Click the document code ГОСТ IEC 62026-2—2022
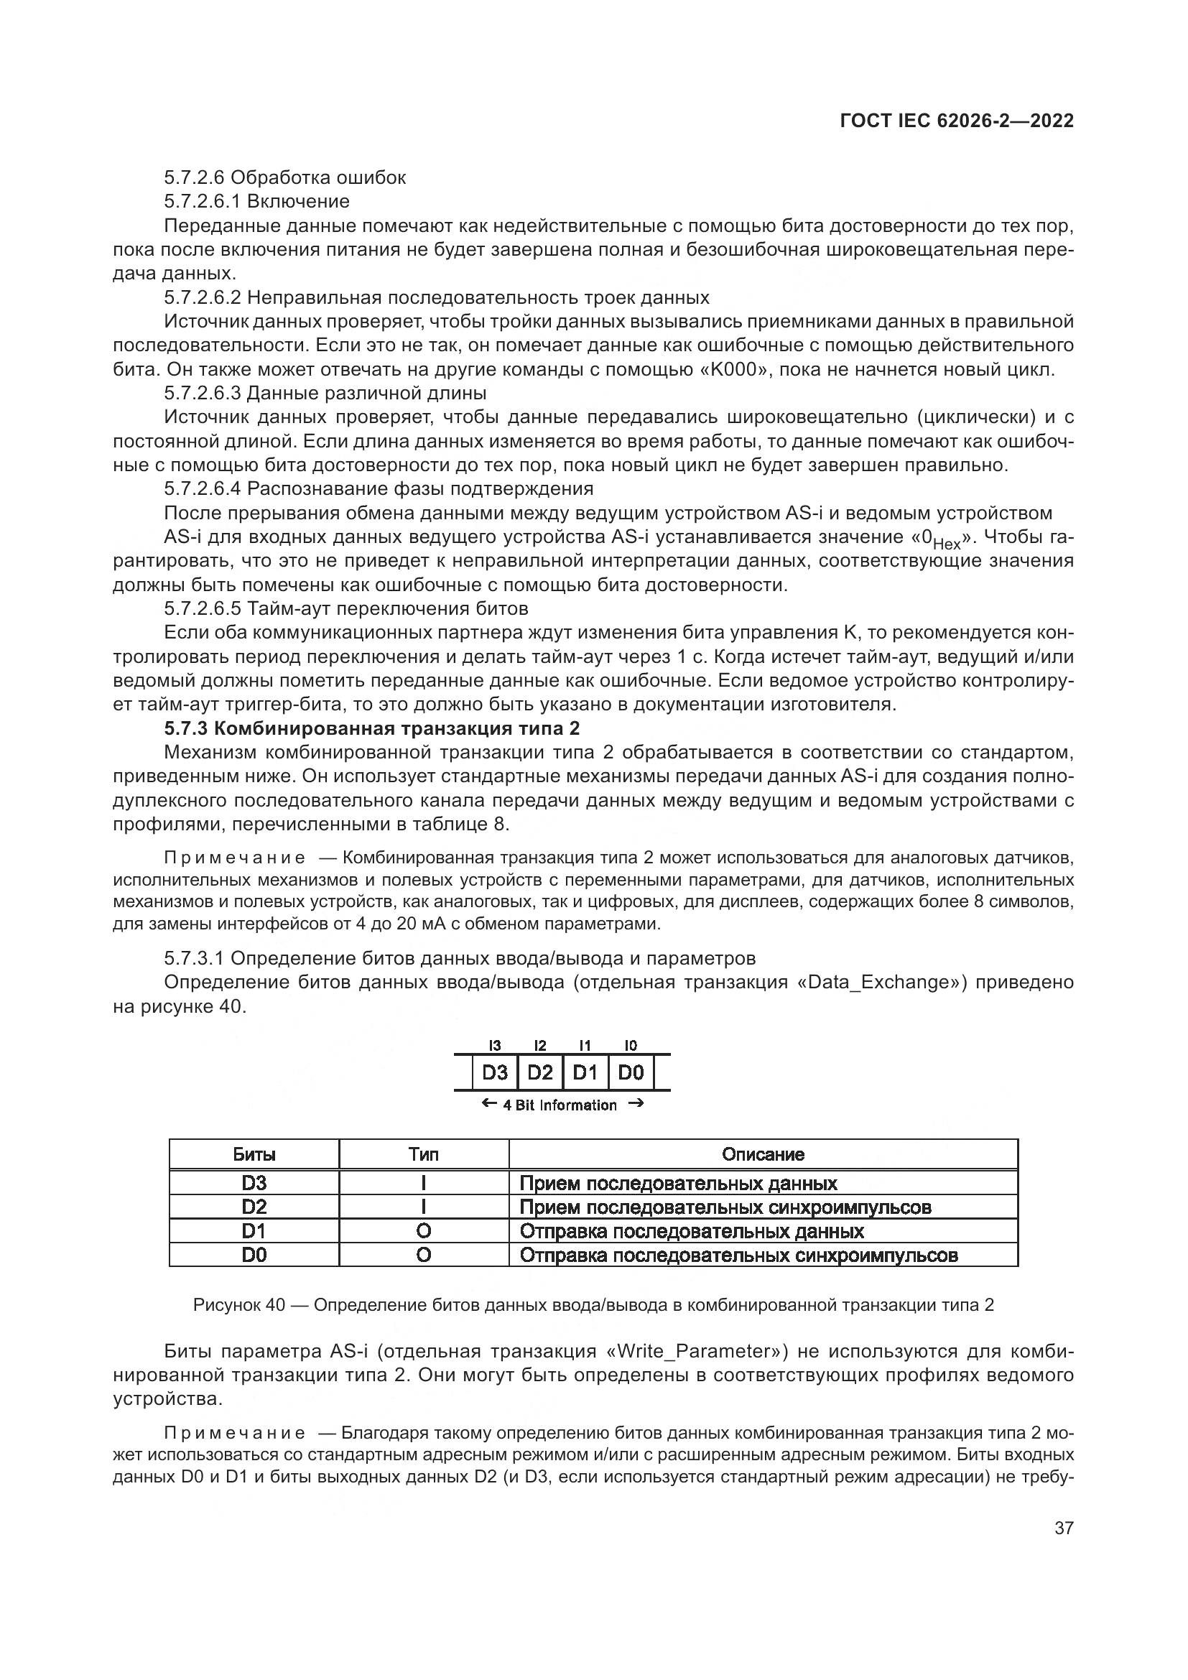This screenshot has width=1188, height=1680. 957,121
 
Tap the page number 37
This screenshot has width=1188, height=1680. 1064,1528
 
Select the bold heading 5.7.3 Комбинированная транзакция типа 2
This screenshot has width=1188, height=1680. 371,728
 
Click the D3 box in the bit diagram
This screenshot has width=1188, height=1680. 494,1072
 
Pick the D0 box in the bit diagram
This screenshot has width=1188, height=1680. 631,1072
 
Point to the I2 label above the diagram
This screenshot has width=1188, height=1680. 540,1046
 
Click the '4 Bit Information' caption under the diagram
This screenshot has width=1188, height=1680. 560,1105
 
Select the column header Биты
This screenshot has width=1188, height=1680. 254,1154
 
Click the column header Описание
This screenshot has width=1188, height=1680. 762,1154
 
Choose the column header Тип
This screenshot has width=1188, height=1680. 424,1154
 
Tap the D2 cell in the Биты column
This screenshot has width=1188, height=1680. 254,1207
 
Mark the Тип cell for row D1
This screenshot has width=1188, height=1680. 424,1231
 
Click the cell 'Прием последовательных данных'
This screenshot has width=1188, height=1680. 678,1183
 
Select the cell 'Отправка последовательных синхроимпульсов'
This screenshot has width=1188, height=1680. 738,1255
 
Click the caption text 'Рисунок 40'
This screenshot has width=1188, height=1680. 238,1304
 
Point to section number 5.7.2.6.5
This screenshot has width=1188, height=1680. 203,608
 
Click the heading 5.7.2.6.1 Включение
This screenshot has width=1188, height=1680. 256,201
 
